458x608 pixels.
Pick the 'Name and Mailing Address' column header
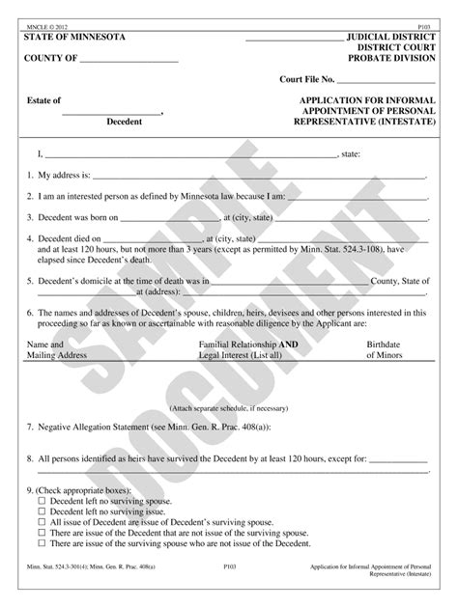pyautogui.click(x=56, y=349)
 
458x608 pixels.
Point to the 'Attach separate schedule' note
pyautogui.click(x=228, y=408)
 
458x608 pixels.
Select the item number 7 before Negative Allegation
pyautogui.click(x=29, y=425)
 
